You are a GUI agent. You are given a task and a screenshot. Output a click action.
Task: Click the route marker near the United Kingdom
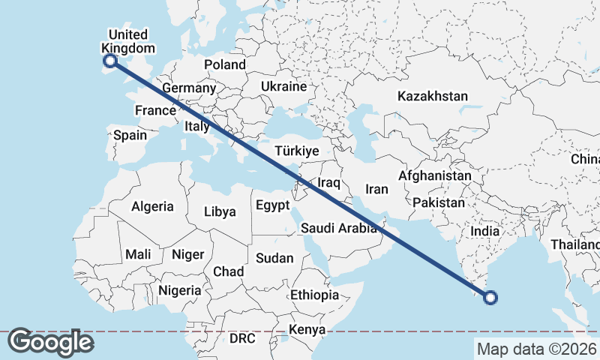click(109, 61)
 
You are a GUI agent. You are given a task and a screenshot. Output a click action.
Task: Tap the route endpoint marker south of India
click(490, 298)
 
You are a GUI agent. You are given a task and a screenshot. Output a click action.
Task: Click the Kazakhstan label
click(433, 97)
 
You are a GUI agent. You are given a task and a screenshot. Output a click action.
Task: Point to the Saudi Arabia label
click(338, 229)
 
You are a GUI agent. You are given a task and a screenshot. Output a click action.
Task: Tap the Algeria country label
click(152, 206)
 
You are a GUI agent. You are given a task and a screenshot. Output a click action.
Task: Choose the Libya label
click(220, 212)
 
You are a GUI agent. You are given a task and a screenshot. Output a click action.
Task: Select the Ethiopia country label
click(314, 295)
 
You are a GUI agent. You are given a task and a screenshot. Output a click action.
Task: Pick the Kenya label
click(307, 330)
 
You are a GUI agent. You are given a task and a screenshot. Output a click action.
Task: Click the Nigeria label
click(180, 290)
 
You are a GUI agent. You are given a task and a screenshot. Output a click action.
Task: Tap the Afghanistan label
click(435, 176)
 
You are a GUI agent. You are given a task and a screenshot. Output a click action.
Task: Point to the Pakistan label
click(439, 203)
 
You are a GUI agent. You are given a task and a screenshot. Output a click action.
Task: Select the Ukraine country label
click(284, 87)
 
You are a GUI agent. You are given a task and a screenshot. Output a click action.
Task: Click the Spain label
click(130, 136)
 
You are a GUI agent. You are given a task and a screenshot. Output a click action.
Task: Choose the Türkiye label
click(298, 151)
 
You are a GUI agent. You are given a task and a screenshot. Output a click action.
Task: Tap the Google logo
click(50, 342)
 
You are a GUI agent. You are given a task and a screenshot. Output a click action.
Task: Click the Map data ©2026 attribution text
click(536, 349)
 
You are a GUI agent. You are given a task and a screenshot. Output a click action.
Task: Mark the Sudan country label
click(274, 259)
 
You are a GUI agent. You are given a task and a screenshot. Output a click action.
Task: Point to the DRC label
click(242, 339)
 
